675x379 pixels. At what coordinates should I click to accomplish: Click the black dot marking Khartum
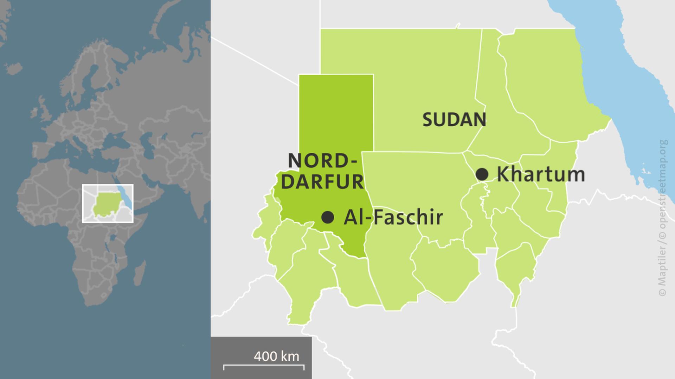click(x=482, y=174)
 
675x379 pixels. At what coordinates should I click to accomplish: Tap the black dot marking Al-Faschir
click(x=328, y=217)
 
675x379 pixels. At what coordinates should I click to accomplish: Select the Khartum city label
click(x=541, y=174)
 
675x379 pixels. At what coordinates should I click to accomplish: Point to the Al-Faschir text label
click(x=393, y=217)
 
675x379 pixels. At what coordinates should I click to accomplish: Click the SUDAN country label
click(x=454, y=120)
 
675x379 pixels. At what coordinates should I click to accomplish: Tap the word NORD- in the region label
click(x=322, y=161)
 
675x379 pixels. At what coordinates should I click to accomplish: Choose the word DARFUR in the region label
click(x=322, y=182)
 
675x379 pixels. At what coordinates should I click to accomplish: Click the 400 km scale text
click(x=276, y=356)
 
